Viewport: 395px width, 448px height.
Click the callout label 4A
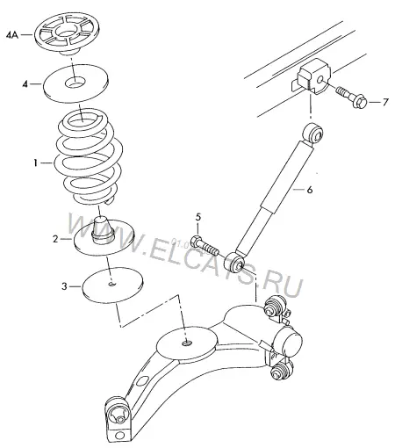pyautogui.click(x=12, y=35)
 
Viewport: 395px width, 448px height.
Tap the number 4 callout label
pyautogui.click(x=25, y=84)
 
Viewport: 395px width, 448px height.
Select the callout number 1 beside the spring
pyautogui.click(x=35, y=163)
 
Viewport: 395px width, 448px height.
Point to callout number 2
pyautogui.click(x=56, y=239)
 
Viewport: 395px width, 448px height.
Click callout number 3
pyautogui.click(x=65, y=286)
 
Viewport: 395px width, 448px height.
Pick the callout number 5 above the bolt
pyautogui.click(x=198, y=217)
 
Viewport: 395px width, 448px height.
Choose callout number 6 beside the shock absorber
pyautogui.click(x=310, y=190)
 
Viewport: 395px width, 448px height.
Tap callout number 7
pyautogui.click(x=385, y=102)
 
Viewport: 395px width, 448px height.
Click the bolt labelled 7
pyautogui.click(x=352, y=97)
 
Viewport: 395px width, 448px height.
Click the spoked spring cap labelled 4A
pyautogui.click(x=68, y=33)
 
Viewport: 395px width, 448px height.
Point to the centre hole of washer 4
pyautogui.click(x=75, y=83)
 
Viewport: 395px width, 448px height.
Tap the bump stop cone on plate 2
pyautogui.click(x=103, y=230)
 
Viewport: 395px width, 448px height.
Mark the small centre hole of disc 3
pyautogui.click(x=111, y=284)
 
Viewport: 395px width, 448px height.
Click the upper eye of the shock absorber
pyautogui.click(x=312, y=134)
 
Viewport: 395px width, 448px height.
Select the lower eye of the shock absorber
pyautogui.click(x=234, y=262)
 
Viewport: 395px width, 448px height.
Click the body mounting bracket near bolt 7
pyautogui.click(x=313, y=76)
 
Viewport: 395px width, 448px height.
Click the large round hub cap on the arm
pyautogui.click(x=288, y=341)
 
